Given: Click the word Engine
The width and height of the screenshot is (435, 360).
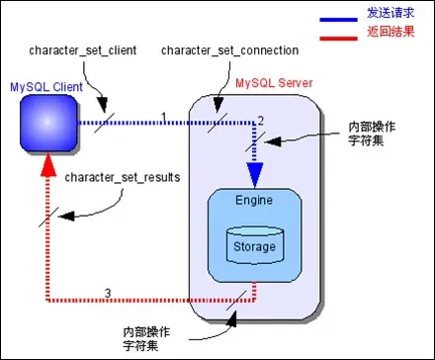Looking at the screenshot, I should [x=254, y=200].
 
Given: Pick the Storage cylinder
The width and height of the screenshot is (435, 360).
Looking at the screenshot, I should [x=255, y=244].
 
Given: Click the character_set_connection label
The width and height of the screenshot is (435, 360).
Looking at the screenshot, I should [x=217, y=49].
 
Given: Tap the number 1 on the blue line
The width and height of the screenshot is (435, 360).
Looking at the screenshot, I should [x=164, y=116].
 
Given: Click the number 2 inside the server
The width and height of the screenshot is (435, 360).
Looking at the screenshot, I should [x=261, y=120].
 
